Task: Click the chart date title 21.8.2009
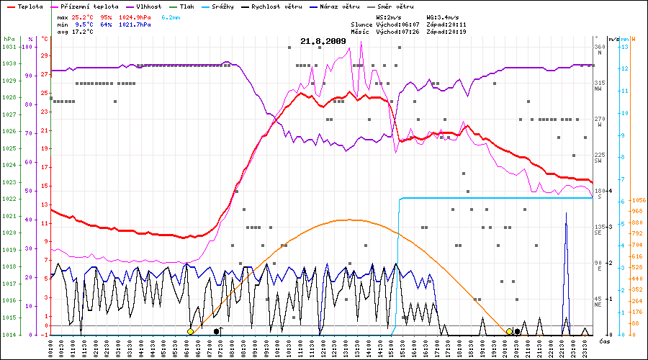tap(323, 41)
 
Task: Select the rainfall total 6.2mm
tap(171, 16)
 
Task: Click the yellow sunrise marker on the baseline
tap(190, 331)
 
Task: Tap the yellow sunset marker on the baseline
tap(509, 331)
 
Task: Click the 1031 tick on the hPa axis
tap(9, 47)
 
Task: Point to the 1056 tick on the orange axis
tap(636, 201)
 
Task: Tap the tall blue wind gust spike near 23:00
tap(566, 214)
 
